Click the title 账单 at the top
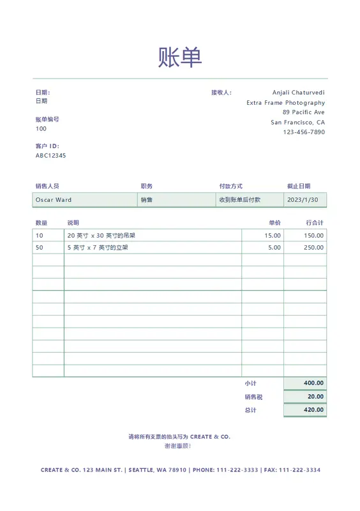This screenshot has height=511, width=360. coord(180,57)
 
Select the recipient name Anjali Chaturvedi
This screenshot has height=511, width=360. coord(298,93)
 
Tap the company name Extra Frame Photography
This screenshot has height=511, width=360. coord(285,103)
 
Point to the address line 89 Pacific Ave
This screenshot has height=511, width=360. coord(303,112)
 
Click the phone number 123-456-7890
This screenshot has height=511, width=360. coord(304,132)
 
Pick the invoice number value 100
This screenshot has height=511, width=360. coord(41,129)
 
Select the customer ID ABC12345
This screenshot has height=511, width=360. coord(50,156)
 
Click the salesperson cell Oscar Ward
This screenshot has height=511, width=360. coord(54,200)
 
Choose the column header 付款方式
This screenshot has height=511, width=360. coord(230,187)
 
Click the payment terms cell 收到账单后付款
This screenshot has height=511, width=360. coord(240,200)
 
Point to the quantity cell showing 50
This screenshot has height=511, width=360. coord(40,248)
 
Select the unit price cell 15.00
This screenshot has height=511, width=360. coord(273,236)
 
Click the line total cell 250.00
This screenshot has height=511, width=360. coord(313,248)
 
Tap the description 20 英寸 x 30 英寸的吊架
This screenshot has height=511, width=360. coord(101,236)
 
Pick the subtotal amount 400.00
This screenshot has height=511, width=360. coord(313,383)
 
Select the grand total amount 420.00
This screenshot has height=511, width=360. coord(313,410)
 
